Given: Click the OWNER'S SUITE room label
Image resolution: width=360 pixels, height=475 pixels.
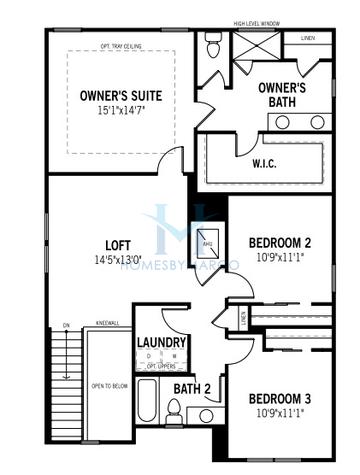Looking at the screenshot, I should (x=122, y=95).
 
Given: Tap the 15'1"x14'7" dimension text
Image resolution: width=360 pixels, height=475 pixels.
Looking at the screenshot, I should (x=122, y=111).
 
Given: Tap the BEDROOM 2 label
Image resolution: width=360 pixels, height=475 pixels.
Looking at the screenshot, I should (x=281, y=242).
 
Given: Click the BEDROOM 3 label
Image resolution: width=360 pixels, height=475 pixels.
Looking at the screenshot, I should (x=281, y=399).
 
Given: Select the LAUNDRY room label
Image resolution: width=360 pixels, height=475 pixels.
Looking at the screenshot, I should (x=160, y=342).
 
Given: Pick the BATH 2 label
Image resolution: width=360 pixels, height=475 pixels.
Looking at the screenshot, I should (x=190, y=388).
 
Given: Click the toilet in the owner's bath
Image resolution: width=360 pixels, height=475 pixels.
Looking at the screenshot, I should (x=212, y=45).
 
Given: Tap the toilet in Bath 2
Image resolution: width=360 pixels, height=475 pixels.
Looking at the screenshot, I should (x=173, y=410).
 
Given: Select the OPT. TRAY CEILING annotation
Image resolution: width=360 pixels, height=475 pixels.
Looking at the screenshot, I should (x=124, y=45).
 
